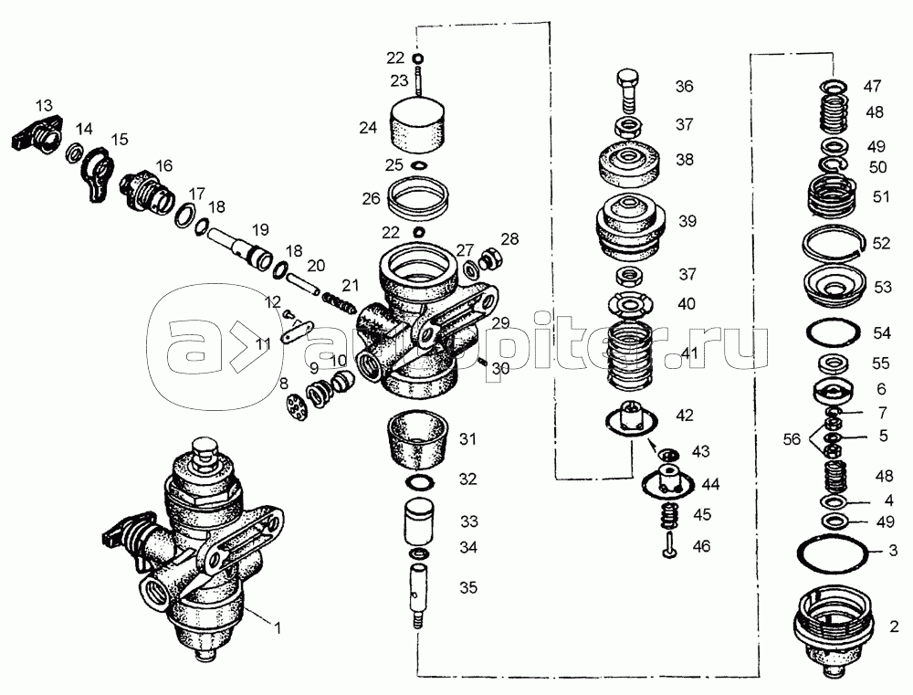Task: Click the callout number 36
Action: tap(684, 87)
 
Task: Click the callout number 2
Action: tap(894, 627)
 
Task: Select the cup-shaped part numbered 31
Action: tap(419, 440)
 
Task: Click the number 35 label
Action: tap(468, 585)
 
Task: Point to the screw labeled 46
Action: tap(667, 546)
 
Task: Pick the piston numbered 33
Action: tap(419, 521)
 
